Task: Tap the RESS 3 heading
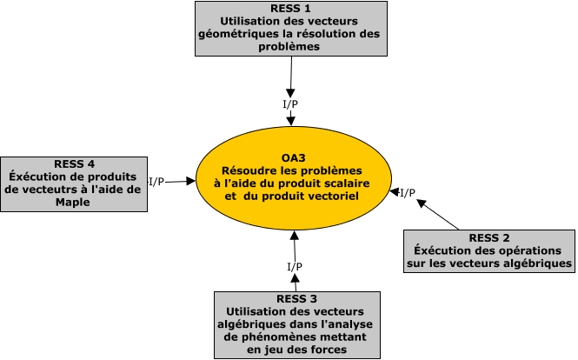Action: point(296,298)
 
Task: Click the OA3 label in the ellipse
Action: point(294,157)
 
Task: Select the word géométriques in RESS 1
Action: point(246,37)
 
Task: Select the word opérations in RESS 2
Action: point(524,250)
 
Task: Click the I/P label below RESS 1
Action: point(292,104)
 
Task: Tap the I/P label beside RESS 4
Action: point(156,182)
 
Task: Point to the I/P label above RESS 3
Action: point(294,264)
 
